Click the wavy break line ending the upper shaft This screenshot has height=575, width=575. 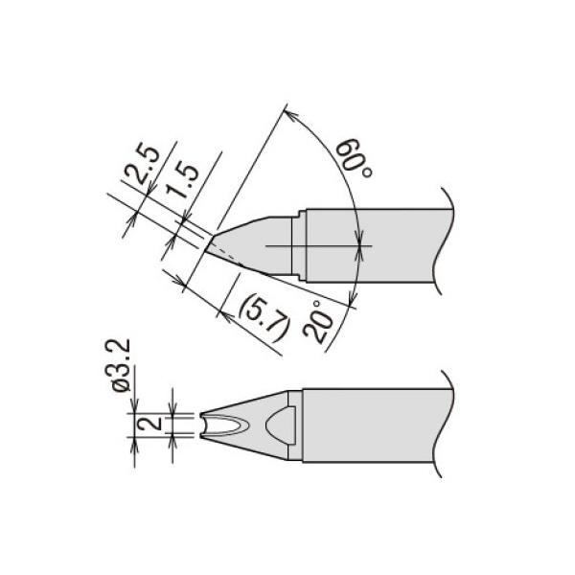click(440, 240)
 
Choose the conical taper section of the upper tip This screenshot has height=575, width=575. click(254, 240)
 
